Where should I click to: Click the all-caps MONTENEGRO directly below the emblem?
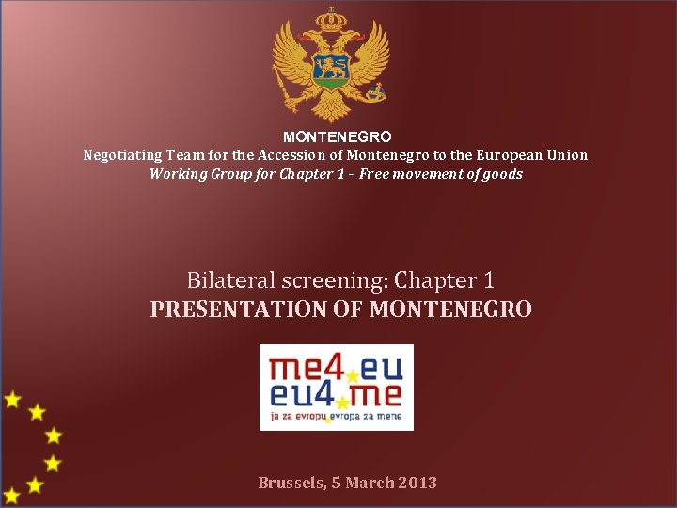(338, 137)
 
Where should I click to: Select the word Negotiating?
(122, 155)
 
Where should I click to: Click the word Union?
(567, 155)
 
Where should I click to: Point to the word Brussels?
(291, 483)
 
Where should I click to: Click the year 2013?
(417, 483)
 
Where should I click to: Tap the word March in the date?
(370, 483)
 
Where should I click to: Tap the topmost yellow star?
(12, 399)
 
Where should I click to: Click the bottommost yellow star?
(11, 495)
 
